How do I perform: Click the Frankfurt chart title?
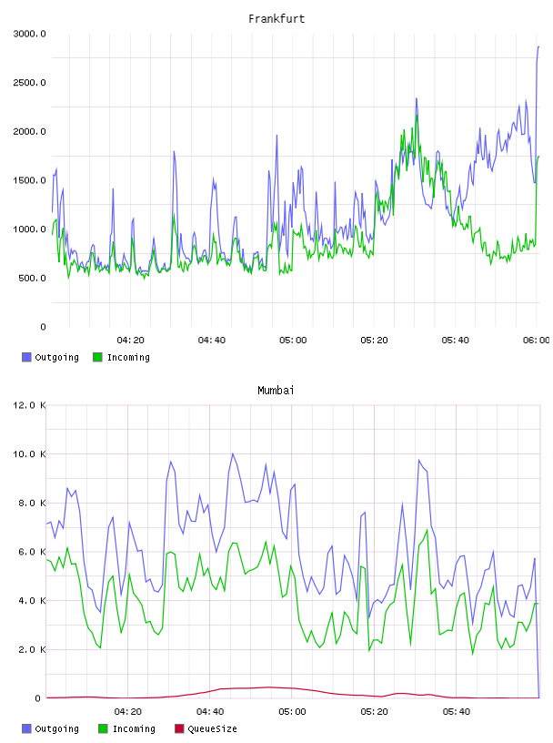(x=276, y=19)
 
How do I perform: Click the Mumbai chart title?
(x=276, y=391)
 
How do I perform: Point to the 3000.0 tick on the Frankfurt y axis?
(x=29, y=34)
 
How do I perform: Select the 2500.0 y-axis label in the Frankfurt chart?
(x=29, y=83)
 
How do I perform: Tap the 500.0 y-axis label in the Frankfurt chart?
(x=32, y=278)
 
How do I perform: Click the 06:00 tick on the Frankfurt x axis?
(x=537, y=341)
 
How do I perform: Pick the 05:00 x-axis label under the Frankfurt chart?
(x=293, y=341)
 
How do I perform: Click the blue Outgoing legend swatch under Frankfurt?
(x=26, y=357)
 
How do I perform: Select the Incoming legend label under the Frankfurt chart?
(x=128, y=357)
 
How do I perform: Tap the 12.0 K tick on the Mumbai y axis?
(x=29, y=405)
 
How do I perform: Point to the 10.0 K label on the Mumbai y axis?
(x=29, y=454)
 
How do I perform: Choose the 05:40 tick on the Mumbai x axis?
(x=457, y=712)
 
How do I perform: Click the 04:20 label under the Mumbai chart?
(x=128, y=712)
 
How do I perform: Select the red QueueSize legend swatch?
(x=179, y=728)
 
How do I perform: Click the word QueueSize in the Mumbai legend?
(x=212, y=728)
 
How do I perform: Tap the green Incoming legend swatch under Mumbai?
(x=103, y=728)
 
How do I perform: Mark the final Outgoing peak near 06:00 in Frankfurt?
(x=538, y=47)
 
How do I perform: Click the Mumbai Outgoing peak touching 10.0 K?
(x=233, y=454)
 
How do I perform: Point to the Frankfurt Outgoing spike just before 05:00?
(x=277, y=136)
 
